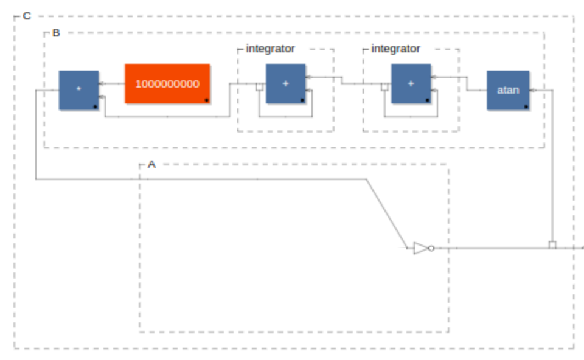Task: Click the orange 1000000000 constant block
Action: tap(167, 84)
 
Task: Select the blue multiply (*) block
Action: tap(78, 90)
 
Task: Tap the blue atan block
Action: tap(508, 90)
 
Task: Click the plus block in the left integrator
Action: tap(286, 84)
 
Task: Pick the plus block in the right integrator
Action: tap(411, 84)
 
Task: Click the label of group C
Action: tap(27, 16)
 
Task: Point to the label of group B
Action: tap(56, 33)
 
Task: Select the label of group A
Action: tap(151, 164)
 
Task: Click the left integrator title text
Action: tap(270, 49)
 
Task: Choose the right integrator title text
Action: tap(395, 49)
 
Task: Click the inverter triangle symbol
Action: tap(421, 248)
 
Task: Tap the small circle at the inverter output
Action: tap(431, 248)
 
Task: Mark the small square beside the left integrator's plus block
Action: tap(260, 87)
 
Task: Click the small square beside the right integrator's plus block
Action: tap(384, 87)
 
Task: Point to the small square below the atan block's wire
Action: tap(552, 244)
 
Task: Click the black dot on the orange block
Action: tap(207, 100)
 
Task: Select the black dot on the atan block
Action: tap(526, 107)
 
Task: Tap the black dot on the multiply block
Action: tap(96, 107)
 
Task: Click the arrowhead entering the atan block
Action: tap(532, 90)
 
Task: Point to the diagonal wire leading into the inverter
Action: tap(387, 213)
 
